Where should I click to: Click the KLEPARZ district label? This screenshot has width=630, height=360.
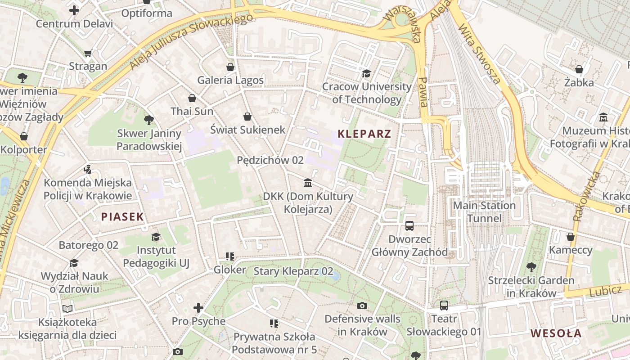click(364, 134)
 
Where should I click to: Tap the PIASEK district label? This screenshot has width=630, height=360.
click(122, 217)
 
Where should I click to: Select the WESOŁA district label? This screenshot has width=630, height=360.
click(556, 333)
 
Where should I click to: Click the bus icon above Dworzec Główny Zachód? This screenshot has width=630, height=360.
click(409, 226)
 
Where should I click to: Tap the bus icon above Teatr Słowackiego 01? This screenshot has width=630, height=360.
click(444, 306)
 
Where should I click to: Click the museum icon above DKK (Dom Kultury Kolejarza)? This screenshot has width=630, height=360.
click(308, 183)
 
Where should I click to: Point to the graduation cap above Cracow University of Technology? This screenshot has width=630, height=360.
click(367, 73)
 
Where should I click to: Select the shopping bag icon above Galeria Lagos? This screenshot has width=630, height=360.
click(230, 67)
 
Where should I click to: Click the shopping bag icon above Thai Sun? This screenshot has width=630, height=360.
click(192, 98)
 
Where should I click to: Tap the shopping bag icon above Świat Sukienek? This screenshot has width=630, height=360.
click(247, 117)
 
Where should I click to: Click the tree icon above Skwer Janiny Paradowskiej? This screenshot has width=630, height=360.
click(149, 120)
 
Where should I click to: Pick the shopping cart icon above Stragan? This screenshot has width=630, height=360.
click(88, 53)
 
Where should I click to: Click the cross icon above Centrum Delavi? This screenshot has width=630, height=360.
click(74, 10)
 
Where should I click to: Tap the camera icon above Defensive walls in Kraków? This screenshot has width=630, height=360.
click(362, 306)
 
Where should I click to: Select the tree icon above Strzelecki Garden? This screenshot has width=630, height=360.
click(531, 267)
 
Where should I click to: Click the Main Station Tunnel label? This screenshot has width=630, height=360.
click(484, 212)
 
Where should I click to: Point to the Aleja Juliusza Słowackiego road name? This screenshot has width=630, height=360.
click(191, 41)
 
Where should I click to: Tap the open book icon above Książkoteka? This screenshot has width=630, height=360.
click(67, 309)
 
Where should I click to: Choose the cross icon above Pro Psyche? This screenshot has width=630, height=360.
click(198, 308)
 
